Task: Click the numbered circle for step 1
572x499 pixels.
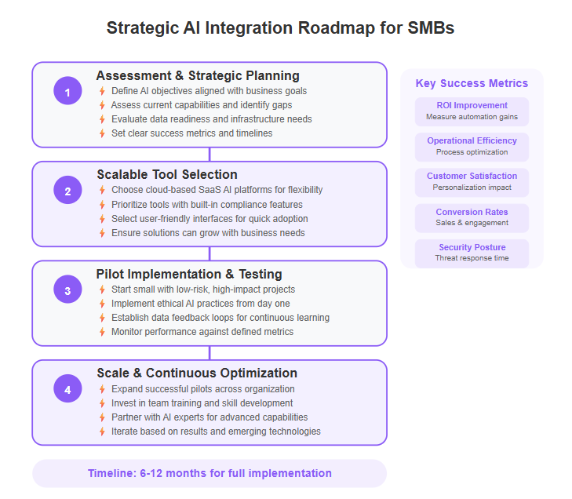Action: (x=67, y=91)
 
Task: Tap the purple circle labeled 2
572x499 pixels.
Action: (x=67, y=190)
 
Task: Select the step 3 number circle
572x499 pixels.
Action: (x=67, y=290)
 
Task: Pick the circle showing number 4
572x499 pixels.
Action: (x=67, y=388)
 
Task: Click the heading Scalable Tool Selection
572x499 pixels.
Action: (x=167, y=175)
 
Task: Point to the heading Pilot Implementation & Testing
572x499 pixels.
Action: (x=189, y=274)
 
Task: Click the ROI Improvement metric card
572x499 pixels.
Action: (x=472, y=111)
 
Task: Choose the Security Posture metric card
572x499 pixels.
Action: (x=472, y=253)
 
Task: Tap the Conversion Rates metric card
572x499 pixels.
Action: (x=472, y=218)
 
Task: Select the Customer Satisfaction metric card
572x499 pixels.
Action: (x=472, y=183)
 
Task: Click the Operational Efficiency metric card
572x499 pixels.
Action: (x=472, y=147)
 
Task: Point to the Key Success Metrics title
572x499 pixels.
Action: (x=472, y=83)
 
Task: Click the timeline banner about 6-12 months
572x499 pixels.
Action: (x=209, y=473)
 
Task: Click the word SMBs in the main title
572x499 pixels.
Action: (x=431, y=28)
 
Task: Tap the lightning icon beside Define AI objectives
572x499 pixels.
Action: (x=102, y=91)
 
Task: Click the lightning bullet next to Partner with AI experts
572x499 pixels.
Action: (x=102, y=417)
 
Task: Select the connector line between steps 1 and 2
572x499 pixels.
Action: (x=209, y=155)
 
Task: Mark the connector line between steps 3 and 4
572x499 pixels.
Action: (x=209, y=353)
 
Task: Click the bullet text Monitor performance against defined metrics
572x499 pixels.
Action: (x=202, y=332)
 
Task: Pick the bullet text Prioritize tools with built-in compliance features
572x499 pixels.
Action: (x=207, y=204)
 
